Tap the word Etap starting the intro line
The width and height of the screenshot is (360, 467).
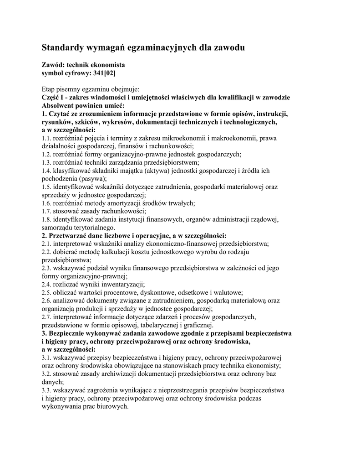(49, 89)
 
